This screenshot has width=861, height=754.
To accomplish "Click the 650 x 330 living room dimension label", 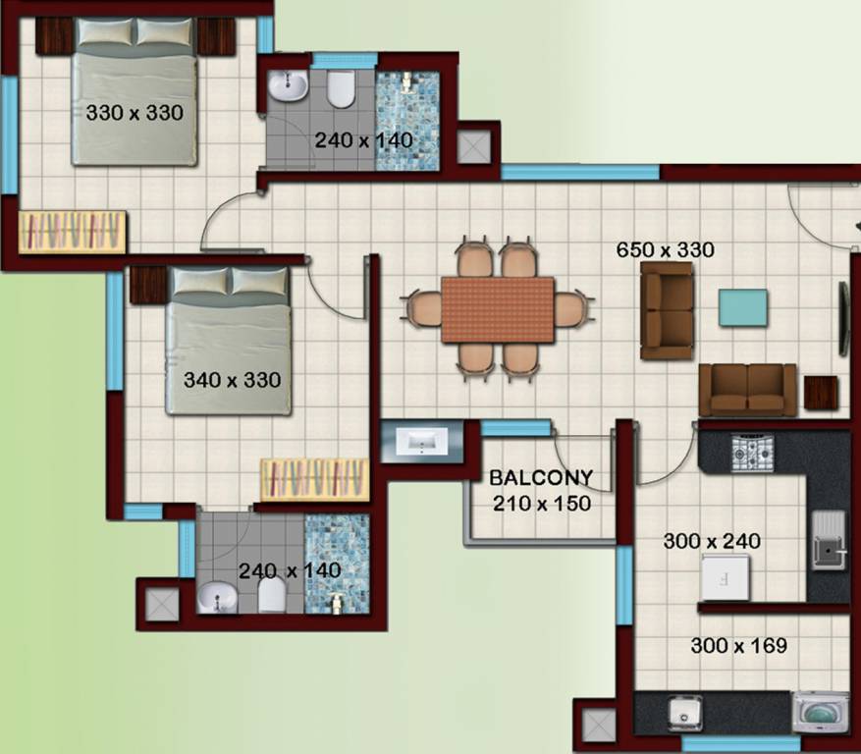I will point(665,249).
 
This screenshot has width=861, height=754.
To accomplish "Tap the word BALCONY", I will point(541,479).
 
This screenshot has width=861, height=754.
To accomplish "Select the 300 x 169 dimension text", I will point(738,646).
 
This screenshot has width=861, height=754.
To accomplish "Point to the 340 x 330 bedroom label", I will point(232,379).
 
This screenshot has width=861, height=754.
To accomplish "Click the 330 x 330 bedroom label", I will point(135,113).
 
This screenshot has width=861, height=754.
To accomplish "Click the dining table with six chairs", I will point(498,309).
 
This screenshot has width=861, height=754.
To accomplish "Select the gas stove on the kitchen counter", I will point(751,452).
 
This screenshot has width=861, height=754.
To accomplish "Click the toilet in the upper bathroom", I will point(341,90).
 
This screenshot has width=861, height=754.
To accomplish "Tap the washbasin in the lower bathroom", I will point(215,596).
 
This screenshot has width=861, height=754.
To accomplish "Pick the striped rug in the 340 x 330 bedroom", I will point(314,479).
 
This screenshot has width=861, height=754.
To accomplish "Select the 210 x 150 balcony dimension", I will point(541,504).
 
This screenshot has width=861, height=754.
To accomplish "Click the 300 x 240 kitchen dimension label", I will point(712,540).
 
